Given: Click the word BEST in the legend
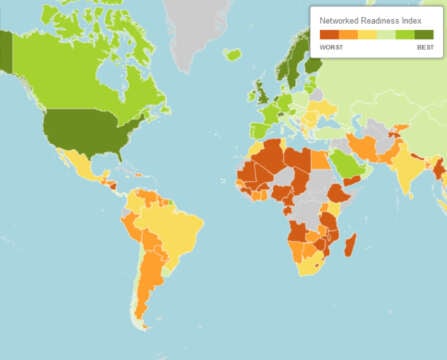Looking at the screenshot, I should [425, 48].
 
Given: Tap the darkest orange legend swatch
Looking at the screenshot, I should [328, 34].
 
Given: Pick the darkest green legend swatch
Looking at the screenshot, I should [424, 34].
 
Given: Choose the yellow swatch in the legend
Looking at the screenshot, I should [367, 34].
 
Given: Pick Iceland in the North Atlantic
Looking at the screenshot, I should [232, 54].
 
